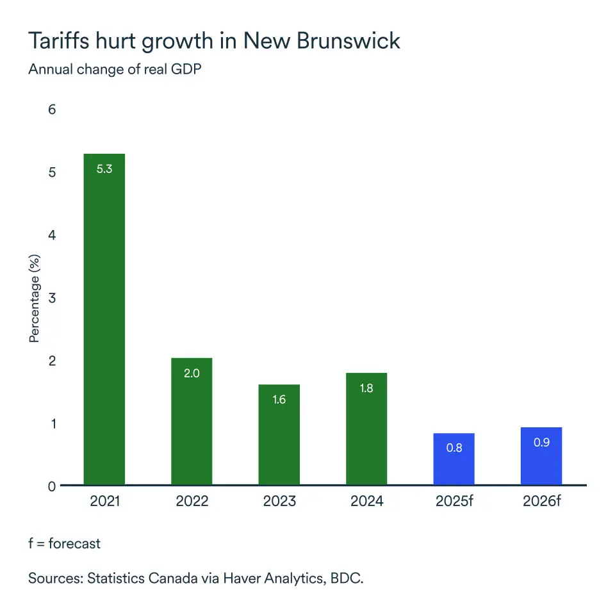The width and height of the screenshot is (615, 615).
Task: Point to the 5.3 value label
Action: click(104, 170)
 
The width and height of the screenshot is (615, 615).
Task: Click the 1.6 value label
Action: click(279, 400)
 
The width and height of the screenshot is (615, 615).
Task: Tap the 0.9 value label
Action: click(541, 443)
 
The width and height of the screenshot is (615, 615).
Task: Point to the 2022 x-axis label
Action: click(192, 501)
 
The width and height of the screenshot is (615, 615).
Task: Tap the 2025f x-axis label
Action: click(454, 501)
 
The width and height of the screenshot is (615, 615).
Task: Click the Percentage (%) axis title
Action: click(35, 298)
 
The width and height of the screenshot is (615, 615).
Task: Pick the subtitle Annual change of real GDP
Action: click(115, 69)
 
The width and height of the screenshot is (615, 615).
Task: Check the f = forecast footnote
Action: click(64, 543)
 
